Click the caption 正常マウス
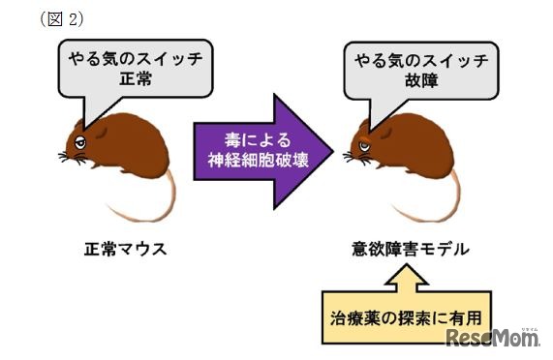pos(125,250)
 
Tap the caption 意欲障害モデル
pos(413,250)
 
